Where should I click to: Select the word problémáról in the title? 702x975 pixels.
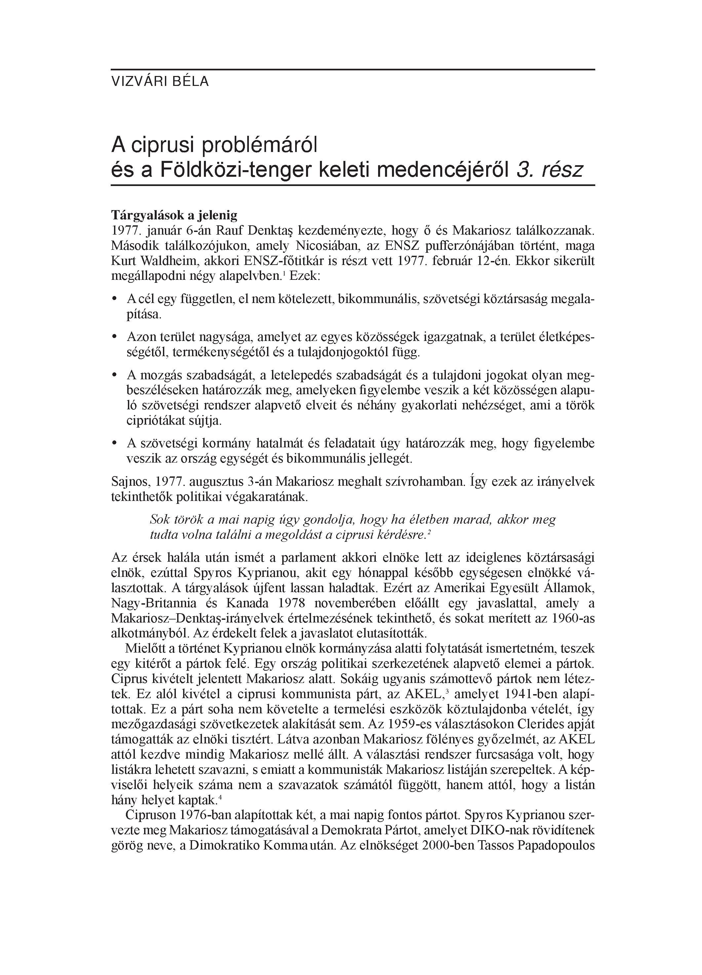pos(259,145)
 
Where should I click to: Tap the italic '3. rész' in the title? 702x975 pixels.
pos(549,170)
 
